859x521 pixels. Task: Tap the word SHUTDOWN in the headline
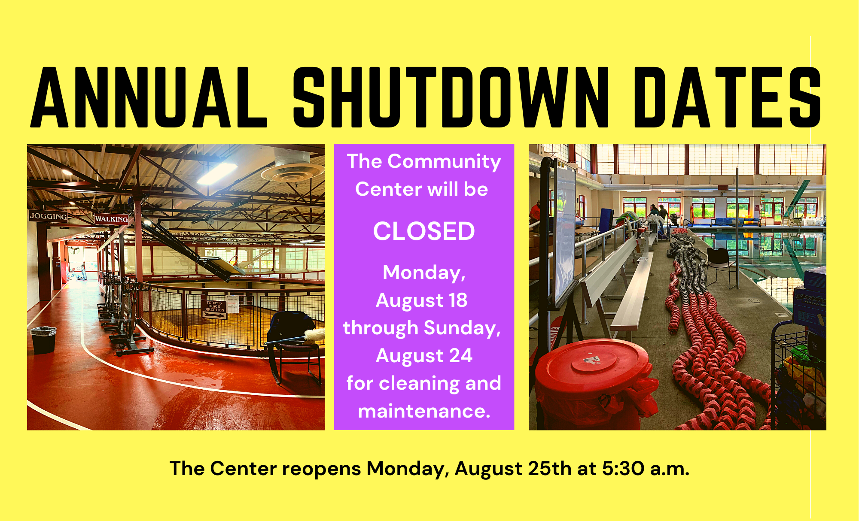(x=450, y=98)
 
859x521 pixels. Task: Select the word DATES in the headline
(x=727, y=98)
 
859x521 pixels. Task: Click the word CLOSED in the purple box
(x=424, y=231)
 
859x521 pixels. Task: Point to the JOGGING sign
(x=48, y=216)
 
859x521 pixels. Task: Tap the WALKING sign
(x=111, y=219)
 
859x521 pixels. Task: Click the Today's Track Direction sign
(x=214, y=309)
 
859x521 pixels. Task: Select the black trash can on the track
(x=43, y=339)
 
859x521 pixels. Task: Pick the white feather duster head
(x=317, y=335)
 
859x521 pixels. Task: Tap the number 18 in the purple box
(x=458, y=300)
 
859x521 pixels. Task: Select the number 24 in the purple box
(x=461, y=356)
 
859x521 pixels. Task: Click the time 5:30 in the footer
(x=623, y=468)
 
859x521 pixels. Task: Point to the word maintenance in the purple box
(x=423, y=411)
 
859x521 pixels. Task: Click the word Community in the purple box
(x=444, y=162)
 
